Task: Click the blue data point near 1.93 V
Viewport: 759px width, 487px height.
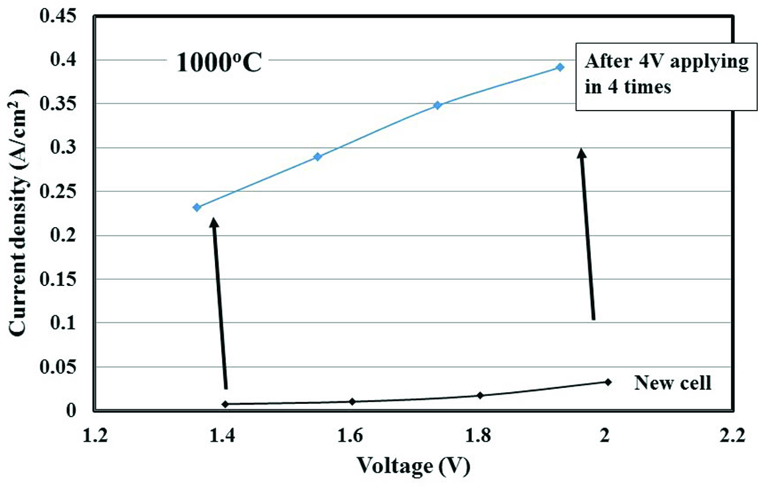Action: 560,67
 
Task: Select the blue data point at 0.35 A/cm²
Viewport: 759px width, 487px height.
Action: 437,105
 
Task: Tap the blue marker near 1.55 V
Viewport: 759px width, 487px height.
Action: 317,157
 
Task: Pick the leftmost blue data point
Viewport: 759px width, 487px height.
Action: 197,207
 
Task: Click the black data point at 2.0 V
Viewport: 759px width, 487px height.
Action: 607,382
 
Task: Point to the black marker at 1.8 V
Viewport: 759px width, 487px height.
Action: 480,395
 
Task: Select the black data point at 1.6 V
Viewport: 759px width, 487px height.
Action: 352,401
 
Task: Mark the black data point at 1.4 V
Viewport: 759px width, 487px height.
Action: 225,404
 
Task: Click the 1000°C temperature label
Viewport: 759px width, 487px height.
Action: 219,63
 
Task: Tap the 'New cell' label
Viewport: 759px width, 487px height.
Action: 673,383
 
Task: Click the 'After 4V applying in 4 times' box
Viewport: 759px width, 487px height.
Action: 667,75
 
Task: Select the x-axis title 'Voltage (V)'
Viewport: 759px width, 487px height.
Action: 413,466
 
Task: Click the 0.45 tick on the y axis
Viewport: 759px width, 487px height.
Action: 59,16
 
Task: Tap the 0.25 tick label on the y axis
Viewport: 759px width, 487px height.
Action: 59,191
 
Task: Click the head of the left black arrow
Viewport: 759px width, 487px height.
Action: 214,223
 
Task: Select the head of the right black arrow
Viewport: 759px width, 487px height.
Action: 582,153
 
